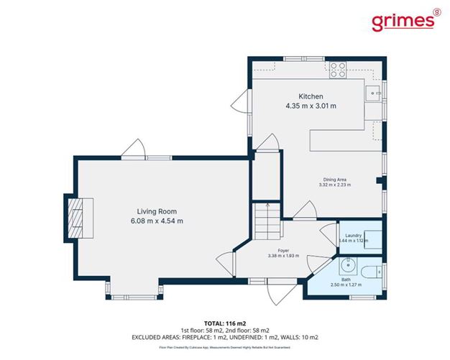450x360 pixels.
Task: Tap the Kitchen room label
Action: (x=311, y=96)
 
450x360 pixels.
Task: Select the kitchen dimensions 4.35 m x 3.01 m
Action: (x=311, y=106)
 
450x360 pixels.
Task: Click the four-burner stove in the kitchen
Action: (x=337, y=70)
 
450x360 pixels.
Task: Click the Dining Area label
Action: (x=333, y=179)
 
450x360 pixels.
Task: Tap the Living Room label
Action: (x=157, y=211)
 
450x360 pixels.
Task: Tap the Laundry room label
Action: (x=352, y=236)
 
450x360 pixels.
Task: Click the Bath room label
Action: (x=346, y=279)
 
